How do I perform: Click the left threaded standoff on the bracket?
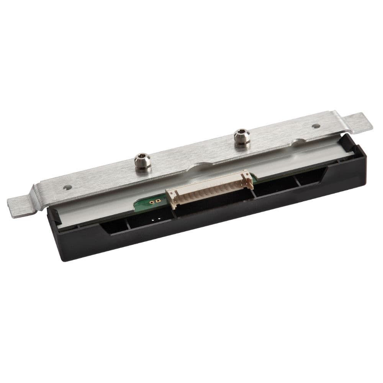[x=143, y=163]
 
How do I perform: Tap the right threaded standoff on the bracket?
[x=242, y=139]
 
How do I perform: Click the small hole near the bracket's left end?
[x=68, y=187]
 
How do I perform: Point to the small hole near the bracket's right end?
[x=316, y=126]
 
